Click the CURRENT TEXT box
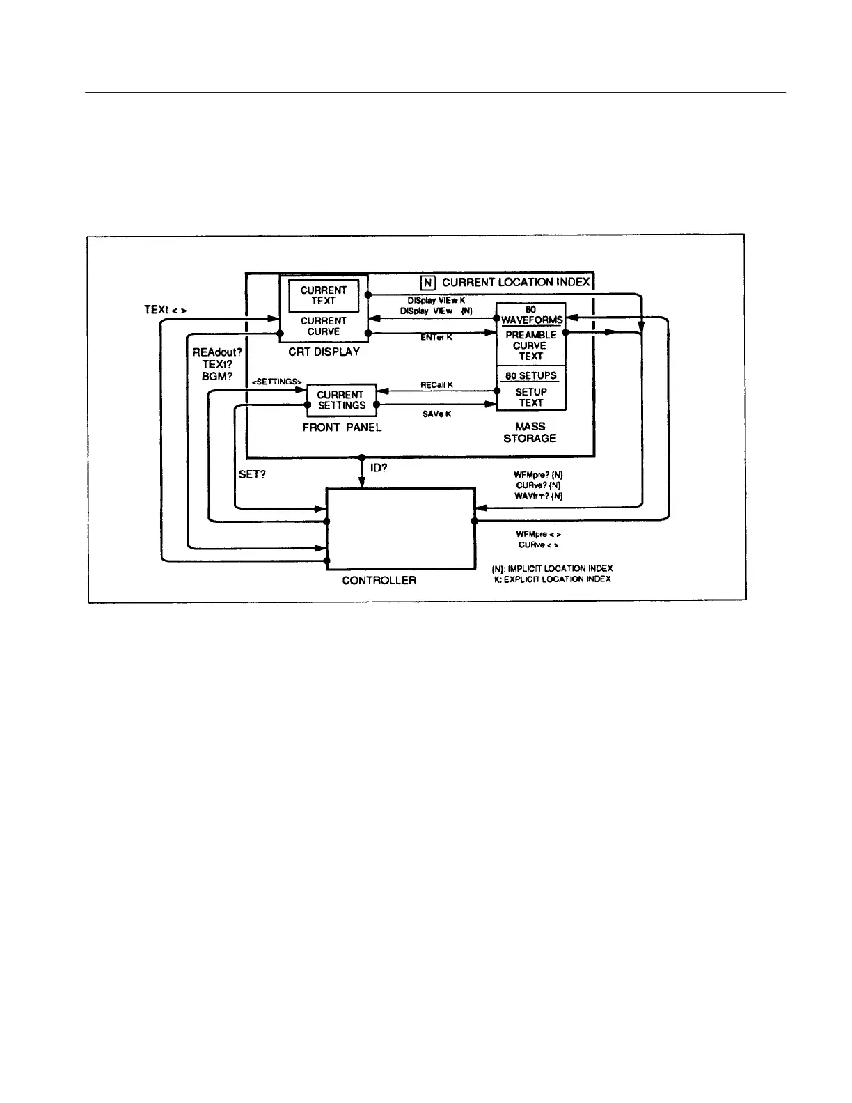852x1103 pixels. pyautogui.click(x=324, y=296)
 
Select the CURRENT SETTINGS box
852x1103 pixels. pyautogui.click(x=341, y=400)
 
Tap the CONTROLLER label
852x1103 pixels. pyautogui.click(x=379, y=580)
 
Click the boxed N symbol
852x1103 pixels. pyautogui.click(x=428, y=283)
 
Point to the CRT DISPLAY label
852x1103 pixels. pyautogui.click(x=324, y=352)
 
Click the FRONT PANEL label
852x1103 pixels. pyautogui.click(x=342, y=428)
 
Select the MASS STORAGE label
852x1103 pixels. pyautogui.click(x=530, y=432)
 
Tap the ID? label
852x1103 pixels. pyautogui.click(x=379, y=468)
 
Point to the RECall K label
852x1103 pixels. pyautogui.click(x=436, y=385)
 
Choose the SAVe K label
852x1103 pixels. pyautogui.click(x=436, y=414)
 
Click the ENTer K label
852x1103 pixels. pyautogui.click(x=436, y=337)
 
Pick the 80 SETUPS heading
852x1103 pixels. pyautogui.click(x=530, y=376)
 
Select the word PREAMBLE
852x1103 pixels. pyautogui.click(x=530, y=335)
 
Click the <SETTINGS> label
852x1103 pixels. pyautogui.click(x=276, y=382)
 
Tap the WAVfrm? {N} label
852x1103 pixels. pyautogui.click(x=538, y=496)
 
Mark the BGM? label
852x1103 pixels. pyautogui.click(x=216, y=376)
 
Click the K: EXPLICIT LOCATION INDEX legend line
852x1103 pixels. pyautogui.click(x=552, y=579)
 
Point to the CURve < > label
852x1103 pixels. pyautogui.click(x=538, y=545)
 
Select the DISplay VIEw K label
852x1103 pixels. pyautogui.click(x=436, y=300)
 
